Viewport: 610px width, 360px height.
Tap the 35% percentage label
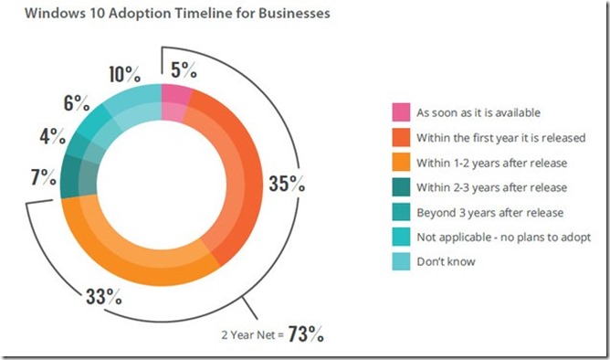point(285,182)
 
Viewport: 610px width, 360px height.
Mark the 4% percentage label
point(53,137)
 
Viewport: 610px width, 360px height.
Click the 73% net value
point(304,334)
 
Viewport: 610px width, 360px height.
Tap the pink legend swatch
point(400,112)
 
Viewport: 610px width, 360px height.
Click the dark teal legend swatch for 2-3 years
point(400,187)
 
